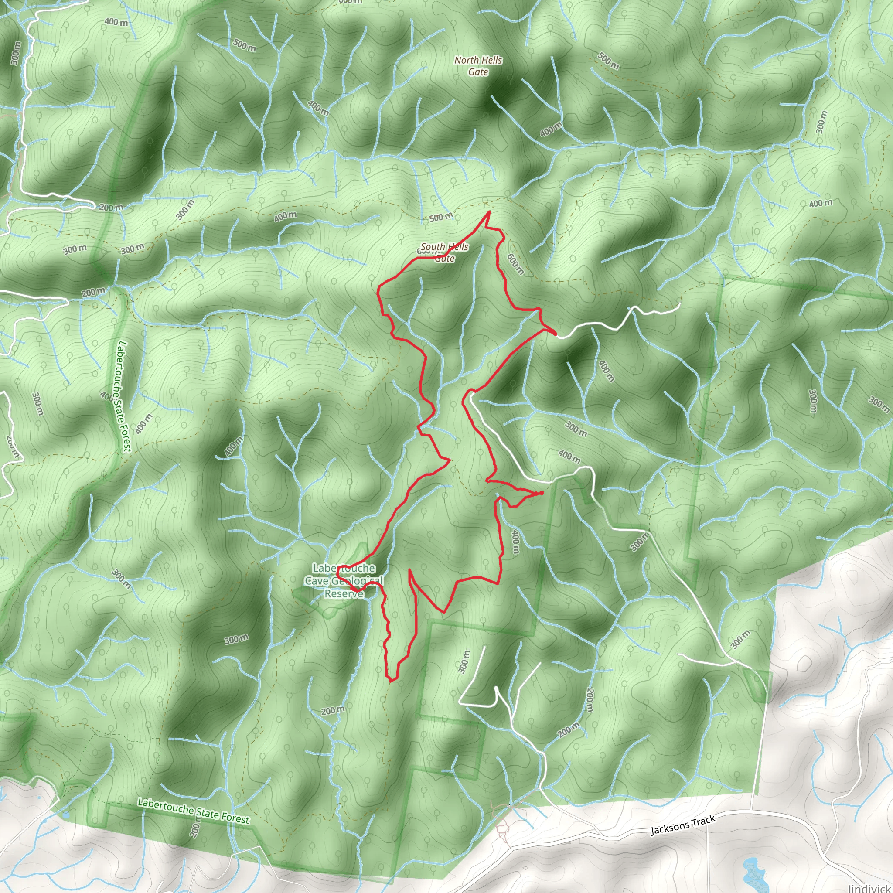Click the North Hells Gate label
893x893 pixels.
(x=478, y=66)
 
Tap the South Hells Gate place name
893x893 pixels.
(x=444, y=252)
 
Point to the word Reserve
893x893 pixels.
(x=344, y=594)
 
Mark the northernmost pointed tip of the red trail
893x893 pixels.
(x=489, y=211)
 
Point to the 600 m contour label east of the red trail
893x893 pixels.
(x=515, y=264)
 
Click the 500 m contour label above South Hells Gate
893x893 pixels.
(x=441, y=217)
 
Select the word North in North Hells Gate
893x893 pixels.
(x=465, y=61)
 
